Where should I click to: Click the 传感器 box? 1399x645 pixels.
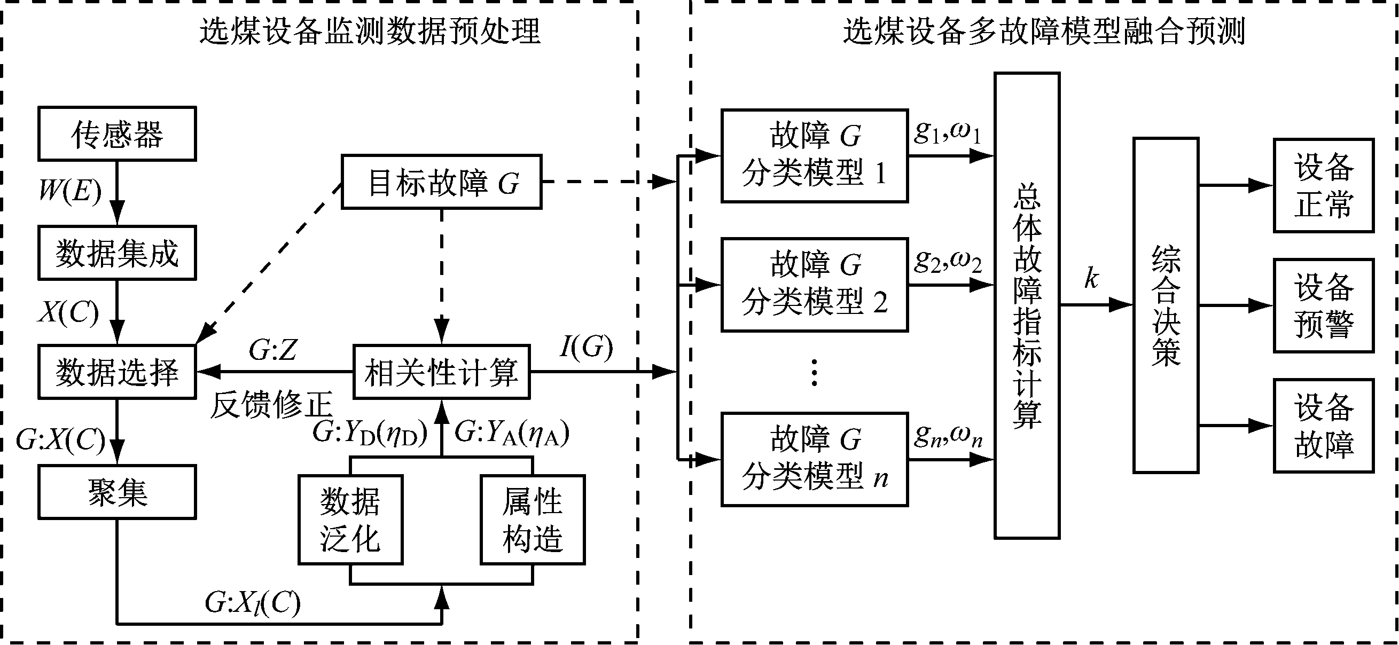tap(117, 133)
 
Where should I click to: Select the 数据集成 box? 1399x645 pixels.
tap(117, 253)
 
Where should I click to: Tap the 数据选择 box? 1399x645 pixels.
tap(117, 372)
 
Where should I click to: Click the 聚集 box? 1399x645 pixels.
tap(117, 492)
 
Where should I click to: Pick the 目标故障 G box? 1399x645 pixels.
tap(442, 182)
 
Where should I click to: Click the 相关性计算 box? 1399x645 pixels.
tap(442, 372)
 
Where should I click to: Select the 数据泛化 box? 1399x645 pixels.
tap(350, 520)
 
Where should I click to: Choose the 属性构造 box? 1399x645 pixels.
tap(532, 520)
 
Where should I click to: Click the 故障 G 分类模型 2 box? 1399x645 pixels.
tap(814, 285)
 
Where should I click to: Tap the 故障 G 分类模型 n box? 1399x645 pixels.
tap(814, 459)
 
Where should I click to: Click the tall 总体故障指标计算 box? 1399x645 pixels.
tap(1027, 305)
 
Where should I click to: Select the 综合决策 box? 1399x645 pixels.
tap(1166, 305)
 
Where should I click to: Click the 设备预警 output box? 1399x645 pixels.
tap(1324, 305)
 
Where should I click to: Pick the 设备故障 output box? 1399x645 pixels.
tap(1324, 426)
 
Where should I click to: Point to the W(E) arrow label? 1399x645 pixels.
tap(70, 191)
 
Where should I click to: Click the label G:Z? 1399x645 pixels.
tap(273, 350)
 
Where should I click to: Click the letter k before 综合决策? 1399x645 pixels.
tap(1091, 278)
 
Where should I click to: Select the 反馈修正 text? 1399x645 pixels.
tap(271, 405)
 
